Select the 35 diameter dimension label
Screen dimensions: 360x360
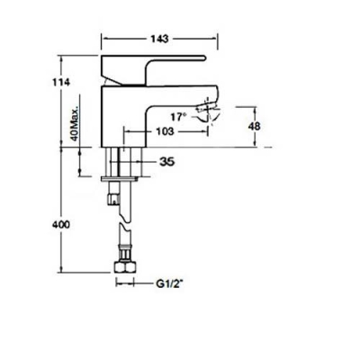(166, 162)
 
